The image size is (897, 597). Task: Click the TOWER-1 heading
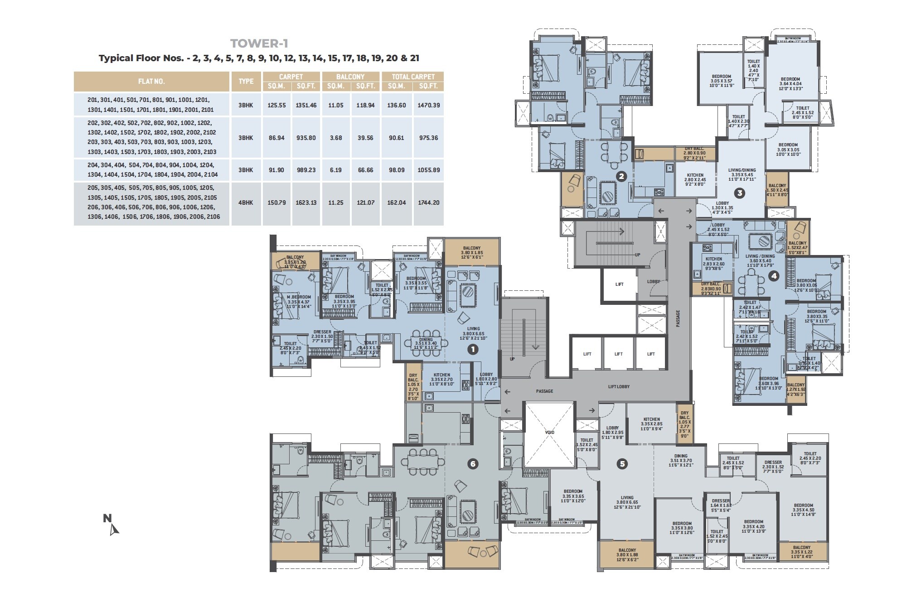tap(259, 43)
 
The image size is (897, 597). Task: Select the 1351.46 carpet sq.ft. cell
tap(306, 105)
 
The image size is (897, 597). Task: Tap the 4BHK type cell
tap(246, 202)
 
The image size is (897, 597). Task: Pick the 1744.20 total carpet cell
tap(428, 202)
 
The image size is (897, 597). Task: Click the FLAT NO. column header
tap(151, 82)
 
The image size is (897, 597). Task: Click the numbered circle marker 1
tap(473, 349)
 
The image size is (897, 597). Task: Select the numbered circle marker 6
tap(473, 464)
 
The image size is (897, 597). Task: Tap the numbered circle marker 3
tap(739, 193)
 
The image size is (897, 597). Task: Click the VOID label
tap(549, 432)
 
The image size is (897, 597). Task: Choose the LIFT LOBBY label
tap(619, 386)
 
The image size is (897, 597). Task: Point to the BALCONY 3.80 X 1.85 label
tap(472, 252)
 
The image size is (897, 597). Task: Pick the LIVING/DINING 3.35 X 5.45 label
tap(740, 175)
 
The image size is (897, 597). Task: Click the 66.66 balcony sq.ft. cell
tap(365, 170)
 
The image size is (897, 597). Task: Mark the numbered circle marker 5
tap(622, 464)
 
